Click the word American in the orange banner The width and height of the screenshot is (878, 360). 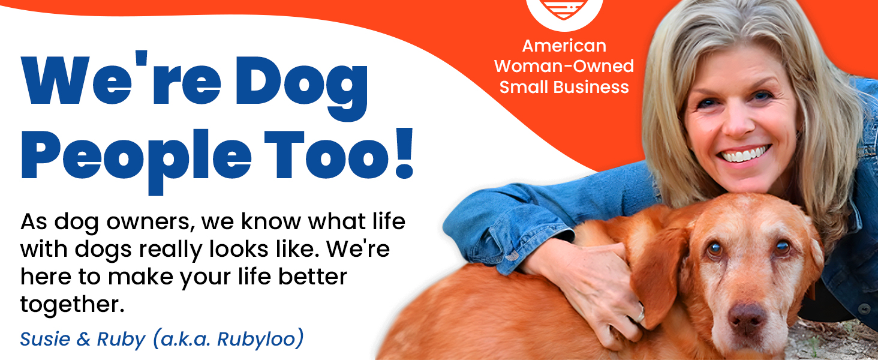coord(564,46)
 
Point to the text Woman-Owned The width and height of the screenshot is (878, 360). coord(564,66)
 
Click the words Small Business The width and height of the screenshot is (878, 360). coord(564,87)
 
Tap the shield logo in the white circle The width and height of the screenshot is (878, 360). coord(564,9)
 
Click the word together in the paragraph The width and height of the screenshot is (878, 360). coord(72,305)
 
